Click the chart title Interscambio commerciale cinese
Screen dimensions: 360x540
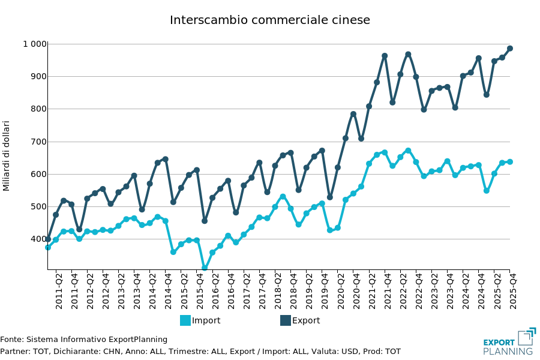pyautogui.click(x=270, y=20)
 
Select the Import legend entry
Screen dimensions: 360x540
pyautogui.click(x=200, y=320)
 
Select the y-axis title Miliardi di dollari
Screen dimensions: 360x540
pyautogui.click(x=7, y=156)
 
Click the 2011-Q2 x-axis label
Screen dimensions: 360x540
pyautogui.click(x=59, y=291)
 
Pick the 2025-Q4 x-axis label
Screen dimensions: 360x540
pyautogui.click(x=514, y=291)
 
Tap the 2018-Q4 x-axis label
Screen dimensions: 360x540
pyautogui.click(x=293, y=291)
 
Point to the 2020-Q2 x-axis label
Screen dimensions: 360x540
pyautogui.click(x=341, y=291)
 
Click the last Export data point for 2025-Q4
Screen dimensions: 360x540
pyautogui.click(x=510, y=49)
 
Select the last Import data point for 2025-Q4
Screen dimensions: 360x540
pyautogui.click(x=510, y=161)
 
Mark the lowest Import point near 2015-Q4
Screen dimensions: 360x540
pyautogui.click(x=205, y=268)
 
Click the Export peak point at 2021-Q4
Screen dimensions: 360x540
pyautogui.click(x=385, y=56)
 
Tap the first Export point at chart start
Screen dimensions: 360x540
pyautogui.click(x=48, y=239)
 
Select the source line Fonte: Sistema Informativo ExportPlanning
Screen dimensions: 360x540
pyautogui.click(x=84, y=340)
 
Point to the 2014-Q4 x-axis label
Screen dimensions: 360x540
pyautogui.click(x=169, y=291)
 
